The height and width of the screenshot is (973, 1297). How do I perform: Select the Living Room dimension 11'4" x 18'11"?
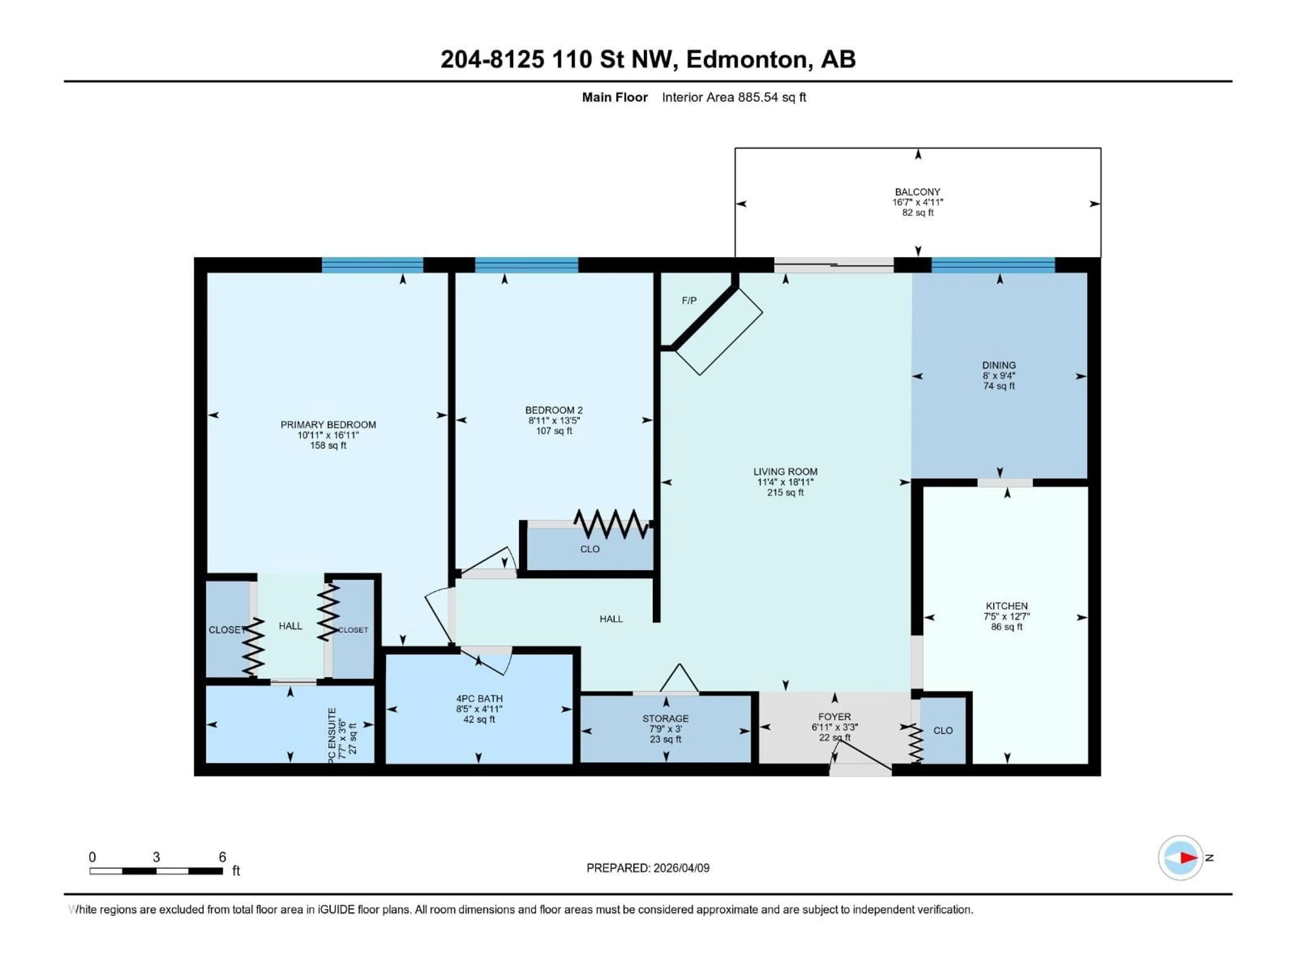[x=785, y=482]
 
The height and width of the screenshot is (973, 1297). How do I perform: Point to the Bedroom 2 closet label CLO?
[x=590, y=549]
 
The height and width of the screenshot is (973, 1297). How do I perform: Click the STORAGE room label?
[x=665, y=719]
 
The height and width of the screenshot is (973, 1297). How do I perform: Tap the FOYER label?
[x=834, y=717]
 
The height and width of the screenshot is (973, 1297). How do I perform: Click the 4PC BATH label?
[x=479, y=699]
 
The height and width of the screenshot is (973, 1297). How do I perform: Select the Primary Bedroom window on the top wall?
[x=372, y=266]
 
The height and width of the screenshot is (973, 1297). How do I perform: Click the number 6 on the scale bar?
[x=222, y=857]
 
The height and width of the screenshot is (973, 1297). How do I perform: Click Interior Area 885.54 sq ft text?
[x=734, y=97]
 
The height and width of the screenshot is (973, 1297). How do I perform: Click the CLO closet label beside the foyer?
[x=943, y=730]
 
